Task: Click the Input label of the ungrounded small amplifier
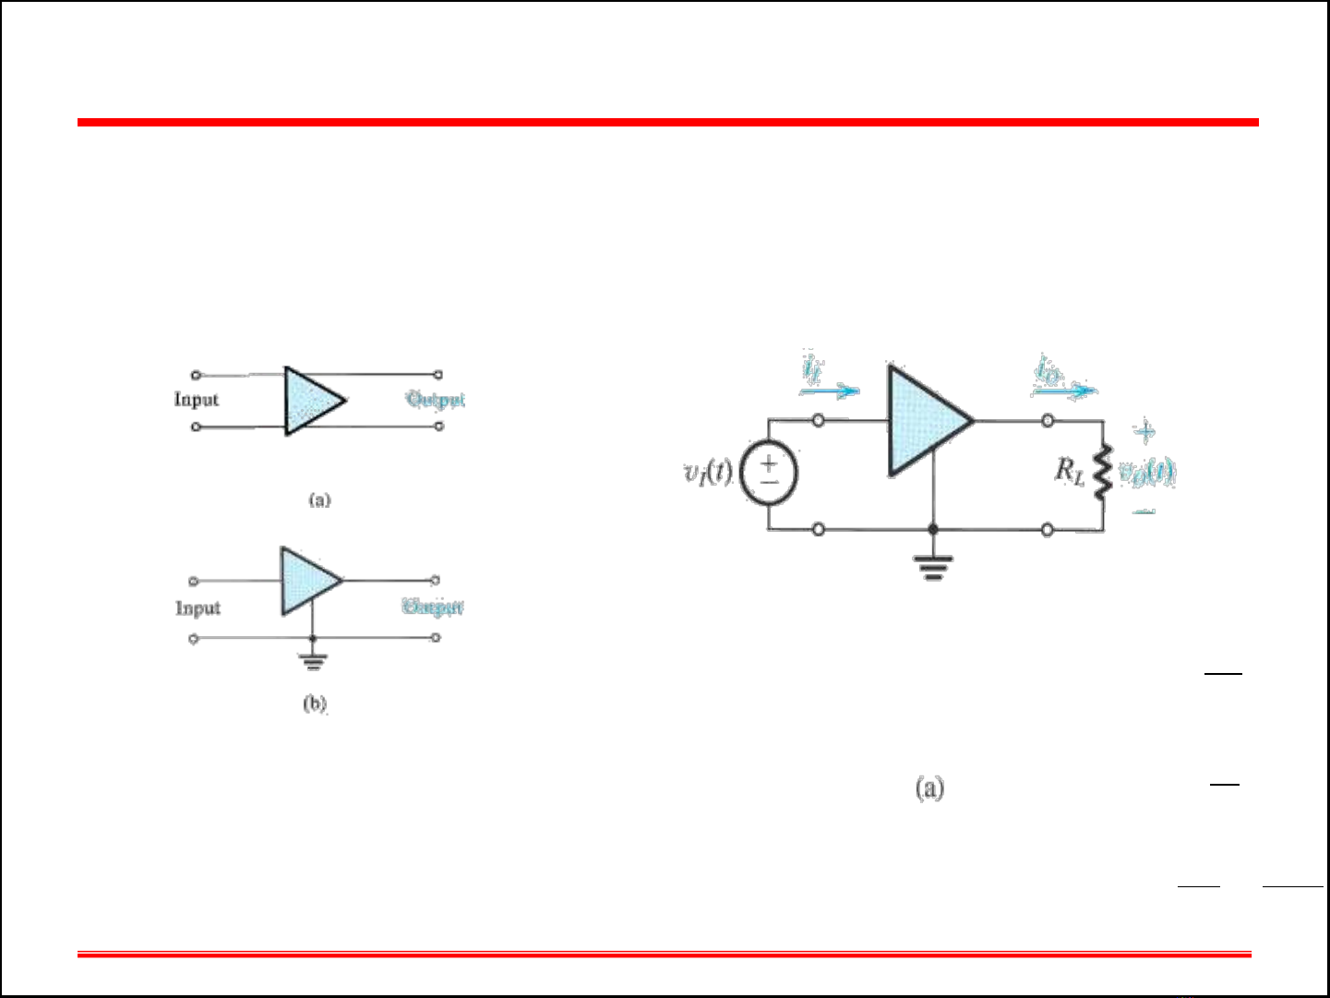[x=197, y=400]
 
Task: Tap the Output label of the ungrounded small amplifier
[x=436, y=400]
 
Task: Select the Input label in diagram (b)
[x=198, y=608]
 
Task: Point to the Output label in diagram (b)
[x=433, y=607]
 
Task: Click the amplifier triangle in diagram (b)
[x=308, y=582]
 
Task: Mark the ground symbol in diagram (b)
[x=313, y=659]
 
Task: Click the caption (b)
[x=315, y=703]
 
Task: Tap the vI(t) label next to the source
[x=708, y=472]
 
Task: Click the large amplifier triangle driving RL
[x=923, y=421]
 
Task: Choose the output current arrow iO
[x=1064, y=390]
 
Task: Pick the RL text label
[x=1070, y=472]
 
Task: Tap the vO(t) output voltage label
[x=1146, y=473]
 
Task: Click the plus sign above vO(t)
[x=1144, y=431]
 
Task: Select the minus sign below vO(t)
[x=1144, y=511]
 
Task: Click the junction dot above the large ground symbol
[x=933, y=530]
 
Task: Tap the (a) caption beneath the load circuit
[x=929, y=788]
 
